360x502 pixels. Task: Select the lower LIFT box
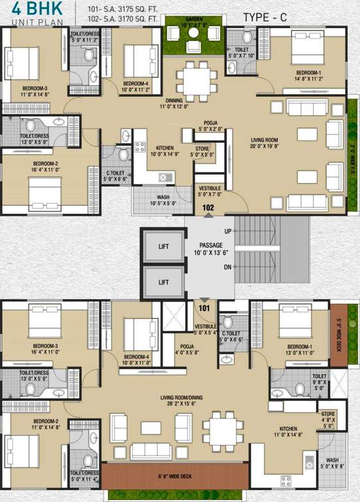[x=163, y=282]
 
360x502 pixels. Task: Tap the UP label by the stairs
[x=227, y=231]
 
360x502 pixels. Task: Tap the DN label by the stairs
[x=227, y=267]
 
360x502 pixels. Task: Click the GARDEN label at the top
[x=193, y=19]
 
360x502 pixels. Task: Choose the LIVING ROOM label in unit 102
[x=265, y=140]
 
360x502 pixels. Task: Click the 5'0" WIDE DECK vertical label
[x=339, y=334]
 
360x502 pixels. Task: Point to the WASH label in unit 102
[x=164, y=197]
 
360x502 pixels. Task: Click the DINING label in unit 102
[x=174, y=101]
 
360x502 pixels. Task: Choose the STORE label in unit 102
[x=203, y=148]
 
